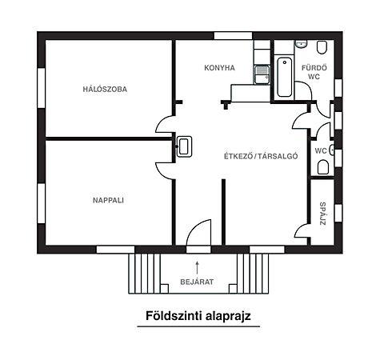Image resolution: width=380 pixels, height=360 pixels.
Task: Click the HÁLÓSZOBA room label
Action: point(104,89)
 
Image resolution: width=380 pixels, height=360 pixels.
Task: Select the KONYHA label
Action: point(219,68)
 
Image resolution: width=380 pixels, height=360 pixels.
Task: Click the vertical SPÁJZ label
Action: point(322,213)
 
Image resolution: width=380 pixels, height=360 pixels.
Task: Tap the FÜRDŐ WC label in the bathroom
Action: point(311,72)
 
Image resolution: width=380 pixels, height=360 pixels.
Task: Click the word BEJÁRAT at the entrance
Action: point(196,282)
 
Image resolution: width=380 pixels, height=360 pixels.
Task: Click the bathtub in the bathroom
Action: point(284,78)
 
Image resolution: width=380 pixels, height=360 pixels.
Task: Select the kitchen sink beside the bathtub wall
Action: point(262,73)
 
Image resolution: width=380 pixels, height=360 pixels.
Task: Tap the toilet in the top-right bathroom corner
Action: point(322,47)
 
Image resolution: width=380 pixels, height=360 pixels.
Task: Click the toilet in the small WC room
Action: point(322,167)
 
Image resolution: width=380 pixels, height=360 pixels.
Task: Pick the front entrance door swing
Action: point(196,234)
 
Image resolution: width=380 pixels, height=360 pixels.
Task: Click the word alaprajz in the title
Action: point(226,316)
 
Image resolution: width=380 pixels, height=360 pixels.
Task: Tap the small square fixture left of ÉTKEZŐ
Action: point(184,146)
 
